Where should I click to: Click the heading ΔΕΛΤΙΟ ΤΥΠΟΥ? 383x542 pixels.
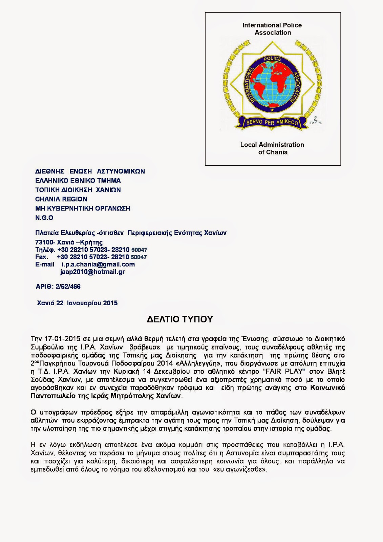pyautogui.click(x=179, y=319)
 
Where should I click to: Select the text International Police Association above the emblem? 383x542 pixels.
pyautogui.click(x=272, y=29)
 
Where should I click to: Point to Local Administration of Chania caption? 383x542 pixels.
pyautogui.click(x=272, y=148)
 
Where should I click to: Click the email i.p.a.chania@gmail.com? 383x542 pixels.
pyautogui.click(x=98, y=264)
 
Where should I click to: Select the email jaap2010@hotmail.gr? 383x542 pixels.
pyautogui.click(x=92, y=272)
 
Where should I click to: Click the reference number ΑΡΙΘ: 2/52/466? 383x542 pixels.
pyautogui.click(x=58, y=287)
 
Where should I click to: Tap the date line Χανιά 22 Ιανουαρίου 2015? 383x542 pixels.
pyautogui.click(x=77, y=303)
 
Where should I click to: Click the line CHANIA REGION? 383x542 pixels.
pyautogui.click(x=61, y=199)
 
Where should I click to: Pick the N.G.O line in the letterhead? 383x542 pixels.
pyautogui.click(x=44, y=218)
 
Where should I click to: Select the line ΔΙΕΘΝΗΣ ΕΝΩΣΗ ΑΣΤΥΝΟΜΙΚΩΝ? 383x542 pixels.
pyautogui.click(x=90, y=171)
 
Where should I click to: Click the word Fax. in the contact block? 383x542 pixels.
pyautogui.click(x=42, y=257)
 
